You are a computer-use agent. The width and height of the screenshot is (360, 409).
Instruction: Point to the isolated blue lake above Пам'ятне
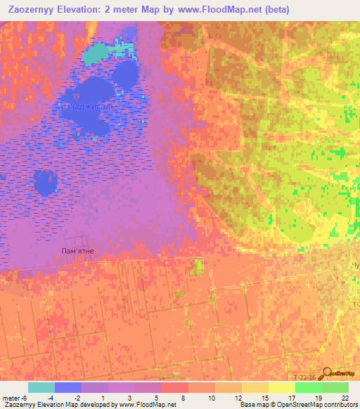coord(46,182)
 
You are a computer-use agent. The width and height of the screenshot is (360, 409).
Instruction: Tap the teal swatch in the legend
coord(41,387)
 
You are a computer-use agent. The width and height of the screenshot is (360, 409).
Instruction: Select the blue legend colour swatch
coord(67,387)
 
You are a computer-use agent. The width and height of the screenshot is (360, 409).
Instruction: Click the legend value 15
coord(265,398)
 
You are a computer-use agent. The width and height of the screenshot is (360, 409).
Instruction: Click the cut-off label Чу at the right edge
coord(355,268)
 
